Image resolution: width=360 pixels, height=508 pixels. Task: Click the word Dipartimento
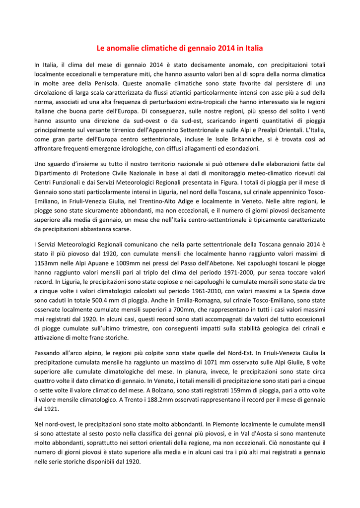tap(54, 173)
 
